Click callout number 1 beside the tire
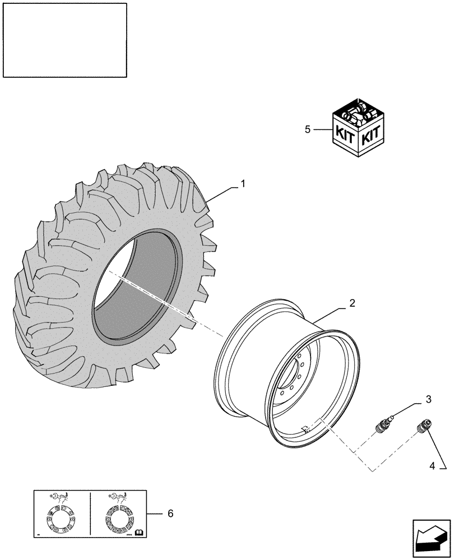pyautogui.click(x=243, y=184)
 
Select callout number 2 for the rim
pyautogui.click(x=352, y=304)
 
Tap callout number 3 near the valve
pyautogui.click(x=428, y=399)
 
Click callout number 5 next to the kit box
pyautogui.click(x=307, y=129)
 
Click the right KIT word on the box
pyautogui.click(x=370, y=135)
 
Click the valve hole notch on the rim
pyautogui.click(x=306, y=429)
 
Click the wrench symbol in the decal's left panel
pyautogui.click(x=58, y=497)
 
